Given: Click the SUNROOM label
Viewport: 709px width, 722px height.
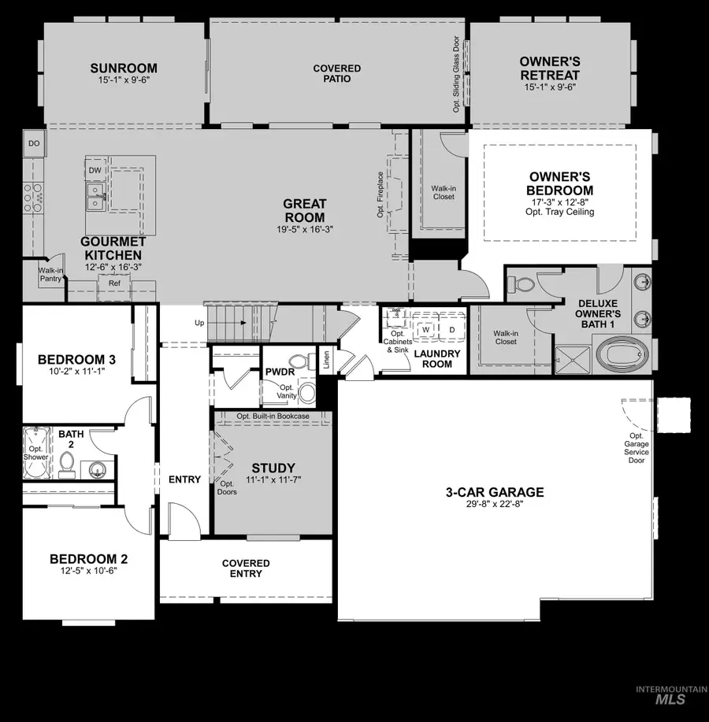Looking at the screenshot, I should [123, 68].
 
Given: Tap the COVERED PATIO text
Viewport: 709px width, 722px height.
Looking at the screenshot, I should [336, 74].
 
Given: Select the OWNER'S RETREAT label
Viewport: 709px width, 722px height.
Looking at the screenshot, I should [549, 68].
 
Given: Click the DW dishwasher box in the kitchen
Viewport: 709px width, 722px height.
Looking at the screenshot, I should [95, 170].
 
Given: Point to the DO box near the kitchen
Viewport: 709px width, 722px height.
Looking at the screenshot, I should [34, 144].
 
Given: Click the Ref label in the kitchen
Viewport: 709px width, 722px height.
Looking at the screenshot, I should [114, 283].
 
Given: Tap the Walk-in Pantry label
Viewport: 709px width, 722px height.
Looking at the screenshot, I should [50, 274].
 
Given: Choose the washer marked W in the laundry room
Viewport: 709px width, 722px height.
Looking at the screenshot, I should [425, 329].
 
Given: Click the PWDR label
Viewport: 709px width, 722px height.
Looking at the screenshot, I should [279, 371].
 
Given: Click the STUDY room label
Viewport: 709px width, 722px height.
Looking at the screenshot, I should [273, 468].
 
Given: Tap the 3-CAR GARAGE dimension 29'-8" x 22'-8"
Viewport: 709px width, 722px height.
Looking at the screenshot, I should [494, 505].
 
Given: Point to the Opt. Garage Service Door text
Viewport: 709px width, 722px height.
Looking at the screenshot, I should [636, 448].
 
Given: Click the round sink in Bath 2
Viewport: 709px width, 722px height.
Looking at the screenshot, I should [96, 470].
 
